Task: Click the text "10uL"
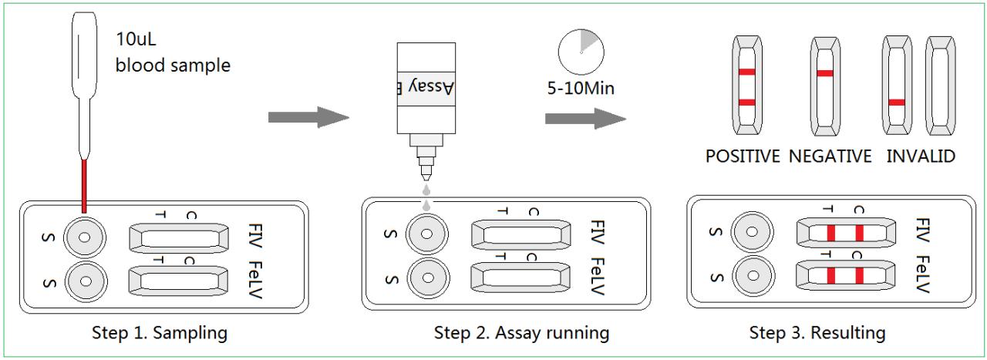[136, 39]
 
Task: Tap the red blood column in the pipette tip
[84, 186]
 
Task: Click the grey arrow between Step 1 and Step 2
[308, 117]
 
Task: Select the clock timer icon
[581, 52]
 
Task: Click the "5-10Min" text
[581, 88]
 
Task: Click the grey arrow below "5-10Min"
[585, 118]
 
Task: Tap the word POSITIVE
[743, 156]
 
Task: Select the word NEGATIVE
[830, 156]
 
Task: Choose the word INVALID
[921, 156]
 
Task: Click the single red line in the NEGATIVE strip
[825, 73]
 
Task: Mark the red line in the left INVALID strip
[897, 103]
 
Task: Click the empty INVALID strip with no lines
[940, 86]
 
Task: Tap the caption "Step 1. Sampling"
[160, 333]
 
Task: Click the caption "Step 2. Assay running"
[522, 333]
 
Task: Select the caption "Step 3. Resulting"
[817, 333]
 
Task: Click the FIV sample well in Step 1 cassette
[85, 237]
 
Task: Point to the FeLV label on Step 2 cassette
[598, 276]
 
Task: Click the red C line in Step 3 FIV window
[859, 233]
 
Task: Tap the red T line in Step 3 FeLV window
[831, 276]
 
